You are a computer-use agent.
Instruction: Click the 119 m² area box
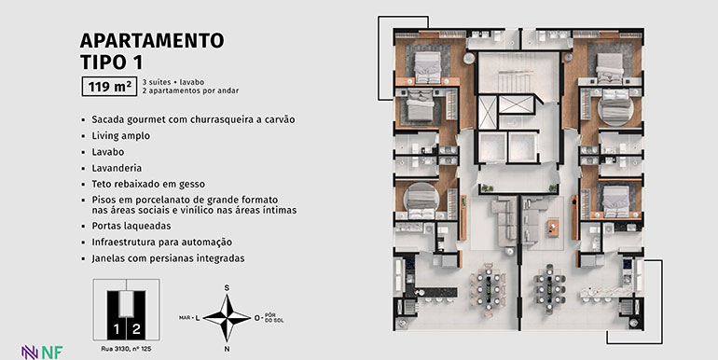(109, 86)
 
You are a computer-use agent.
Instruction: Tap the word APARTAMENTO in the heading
(152, 40)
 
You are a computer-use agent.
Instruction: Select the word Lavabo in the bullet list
(107, 152)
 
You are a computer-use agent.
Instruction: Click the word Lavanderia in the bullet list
(117, 168)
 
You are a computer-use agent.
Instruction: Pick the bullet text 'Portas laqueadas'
(131, 226)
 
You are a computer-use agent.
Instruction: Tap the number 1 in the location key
(117, 329)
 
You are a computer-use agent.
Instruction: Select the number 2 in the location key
(136, 329)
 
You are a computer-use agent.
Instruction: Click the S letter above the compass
(227, 287)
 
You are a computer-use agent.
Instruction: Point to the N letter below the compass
(227, 349)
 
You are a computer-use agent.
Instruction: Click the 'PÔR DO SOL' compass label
(274, 318)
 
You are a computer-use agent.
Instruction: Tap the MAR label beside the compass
(185, 317)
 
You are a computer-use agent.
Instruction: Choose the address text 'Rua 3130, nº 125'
(127, 349)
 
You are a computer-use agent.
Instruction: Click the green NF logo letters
(52, 353)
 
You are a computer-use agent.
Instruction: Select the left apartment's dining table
(488, 289)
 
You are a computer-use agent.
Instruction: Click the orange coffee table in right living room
(553, 228)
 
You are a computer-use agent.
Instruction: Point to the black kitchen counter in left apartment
(436, 292)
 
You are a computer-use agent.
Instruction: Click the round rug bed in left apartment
(421, 200)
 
